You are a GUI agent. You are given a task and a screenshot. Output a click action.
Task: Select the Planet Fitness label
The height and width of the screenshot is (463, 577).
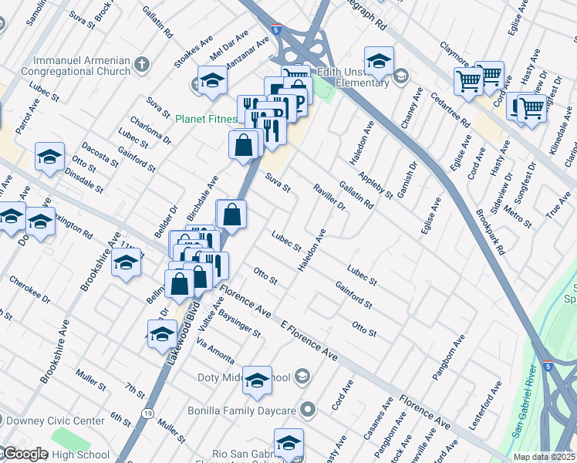(204, 120)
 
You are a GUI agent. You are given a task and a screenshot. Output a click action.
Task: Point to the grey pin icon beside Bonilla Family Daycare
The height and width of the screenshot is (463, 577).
(309, 408)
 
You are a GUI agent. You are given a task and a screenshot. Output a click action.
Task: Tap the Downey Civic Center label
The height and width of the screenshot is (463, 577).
(55, 421)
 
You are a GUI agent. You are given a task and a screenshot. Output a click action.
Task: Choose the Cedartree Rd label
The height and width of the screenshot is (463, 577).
(450, 109)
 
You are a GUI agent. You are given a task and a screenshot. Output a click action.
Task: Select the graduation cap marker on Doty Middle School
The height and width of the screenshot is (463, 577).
(257, 380)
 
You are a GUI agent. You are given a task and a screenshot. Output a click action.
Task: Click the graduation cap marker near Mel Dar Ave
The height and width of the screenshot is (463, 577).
(212, 80)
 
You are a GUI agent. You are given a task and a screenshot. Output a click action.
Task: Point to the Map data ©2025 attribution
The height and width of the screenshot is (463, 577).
(544, 457)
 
